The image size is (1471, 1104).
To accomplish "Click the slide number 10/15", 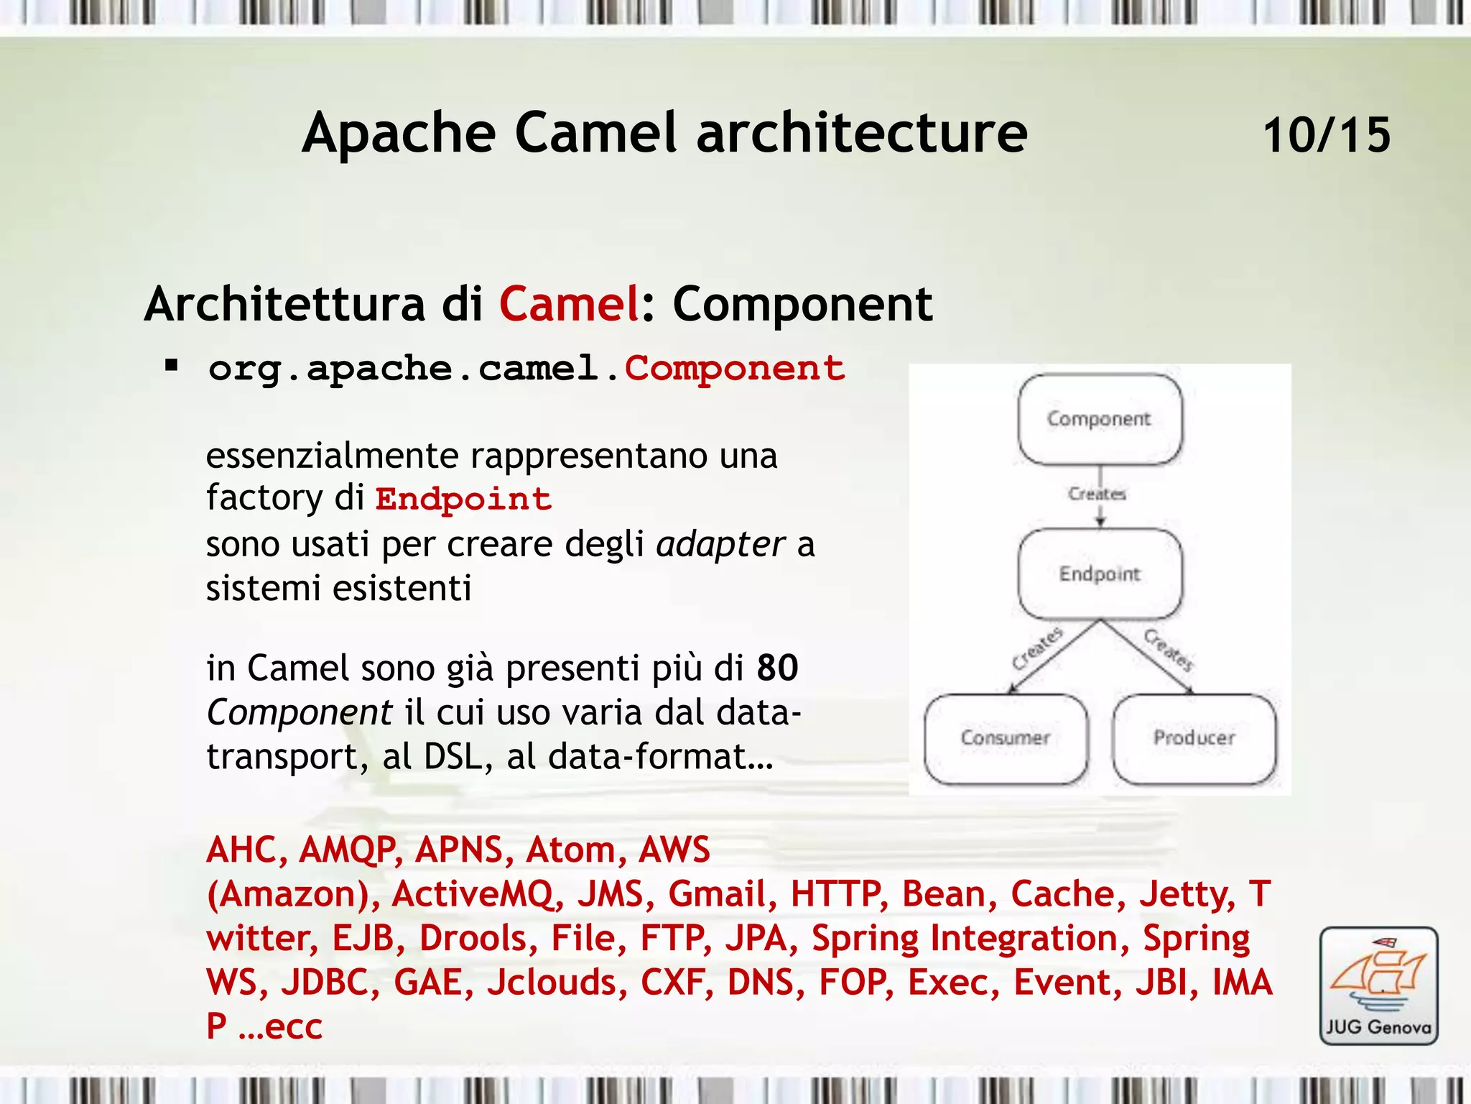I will click(x=1326, y=135).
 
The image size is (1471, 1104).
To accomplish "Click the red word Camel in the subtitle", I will click(x=569, y=304).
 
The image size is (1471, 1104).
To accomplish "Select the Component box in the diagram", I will click(x=1100, y=419).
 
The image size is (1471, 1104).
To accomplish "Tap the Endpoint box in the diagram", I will click(x=1100, y=574).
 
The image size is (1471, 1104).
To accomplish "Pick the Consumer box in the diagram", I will click(x=1006, y=738).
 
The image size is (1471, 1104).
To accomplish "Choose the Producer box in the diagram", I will click(x=1194, y=738).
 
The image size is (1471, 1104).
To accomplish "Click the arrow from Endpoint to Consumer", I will click(x=1052, y=658).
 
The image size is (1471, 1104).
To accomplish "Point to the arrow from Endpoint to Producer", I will click(x=1147, y=658).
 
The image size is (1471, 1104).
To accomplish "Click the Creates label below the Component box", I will click(x=1097, y=494).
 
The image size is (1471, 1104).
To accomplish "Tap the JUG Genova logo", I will click(x=1378, y=985).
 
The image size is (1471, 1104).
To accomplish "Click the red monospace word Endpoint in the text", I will click(x=463, y=499).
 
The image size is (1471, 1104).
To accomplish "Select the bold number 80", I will click(x=777, y=668).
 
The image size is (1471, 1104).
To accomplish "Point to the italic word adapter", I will click(x=720, y=544).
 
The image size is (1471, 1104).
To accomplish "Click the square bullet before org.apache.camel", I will click(x=171, y=366).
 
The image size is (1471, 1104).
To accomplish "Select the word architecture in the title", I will click(x=862, y=133).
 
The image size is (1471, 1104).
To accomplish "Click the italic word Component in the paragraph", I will click(x=299, y=713).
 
